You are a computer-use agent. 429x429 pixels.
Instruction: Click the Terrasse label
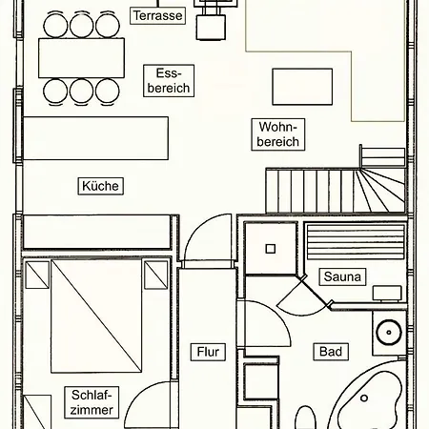(x=157, y=15)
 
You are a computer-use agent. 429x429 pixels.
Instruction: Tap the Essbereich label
(x=169, y=81)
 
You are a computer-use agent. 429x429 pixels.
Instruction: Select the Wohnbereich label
(x=278, y=134)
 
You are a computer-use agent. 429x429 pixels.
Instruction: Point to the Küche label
(x=100, y=186)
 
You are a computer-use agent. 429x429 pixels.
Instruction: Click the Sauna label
(x=342, y=276)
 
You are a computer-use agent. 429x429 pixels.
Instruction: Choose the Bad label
(x=331, y=352)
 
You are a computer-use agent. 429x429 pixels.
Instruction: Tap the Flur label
(x=208, y=352)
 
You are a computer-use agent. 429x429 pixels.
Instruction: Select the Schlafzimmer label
(x=92, y=402)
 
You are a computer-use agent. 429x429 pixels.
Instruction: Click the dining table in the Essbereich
(x=81, y=58)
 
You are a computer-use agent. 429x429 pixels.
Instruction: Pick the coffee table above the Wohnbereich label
(x=302, y=87)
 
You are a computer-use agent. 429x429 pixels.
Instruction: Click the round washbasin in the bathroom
(x=389, y=333)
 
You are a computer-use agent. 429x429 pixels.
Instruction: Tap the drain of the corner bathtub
(x=364, y=398)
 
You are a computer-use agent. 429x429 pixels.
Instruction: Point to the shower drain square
(x=271, y=249)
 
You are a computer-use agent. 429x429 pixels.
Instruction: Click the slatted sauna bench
(x=355, y=242)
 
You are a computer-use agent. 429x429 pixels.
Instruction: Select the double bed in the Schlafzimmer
(x=96, y=316)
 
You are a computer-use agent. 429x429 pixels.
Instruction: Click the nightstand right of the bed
(x=156, y=275)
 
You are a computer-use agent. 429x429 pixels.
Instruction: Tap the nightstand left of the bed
(x=37, y=275)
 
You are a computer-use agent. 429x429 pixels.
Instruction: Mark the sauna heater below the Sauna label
(x=387, y=293)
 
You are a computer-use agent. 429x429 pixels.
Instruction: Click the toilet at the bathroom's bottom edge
(x=306, y=418)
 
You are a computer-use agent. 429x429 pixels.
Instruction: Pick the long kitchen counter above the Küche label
(x=96, y=138)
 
